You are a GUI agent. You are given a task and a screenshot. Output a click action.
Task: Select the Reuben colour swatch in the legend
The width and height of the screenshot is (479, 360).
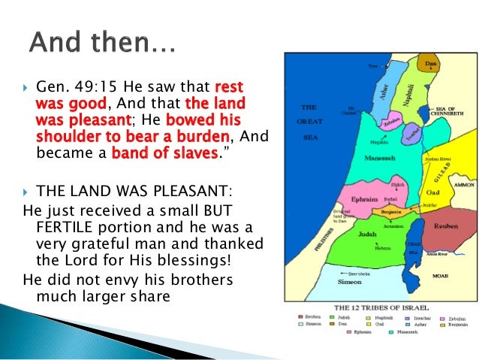click(300, 319)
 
